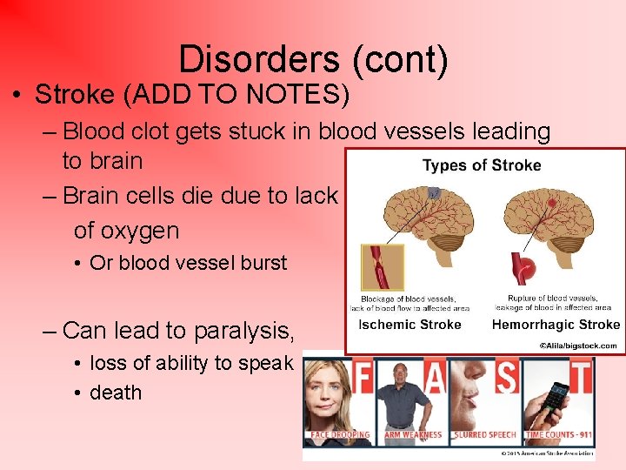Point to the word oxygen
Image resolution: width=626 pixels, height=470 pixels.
click(x=126, y=231)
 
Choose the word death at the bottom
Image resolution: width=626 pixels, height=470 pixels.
click(x=116, y=393)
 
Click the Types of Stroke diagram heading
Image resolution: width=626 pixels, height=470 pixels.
click(x=481, y=165)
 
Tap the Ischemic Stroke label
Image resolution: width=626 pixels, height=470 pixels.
click(x=410, y=325)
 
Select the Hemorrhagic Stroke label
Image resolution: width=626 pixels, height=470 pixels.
click(x=555, y=325)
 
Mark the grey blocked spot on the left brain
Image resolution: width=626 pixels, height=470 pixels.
click(x=434, y=192)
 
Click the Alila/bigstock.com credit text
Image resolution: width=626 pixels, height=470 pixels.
click(x=577, y=346)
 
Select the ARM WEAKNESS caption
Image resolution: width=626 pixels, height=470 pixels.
click(x=412, y=434)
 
